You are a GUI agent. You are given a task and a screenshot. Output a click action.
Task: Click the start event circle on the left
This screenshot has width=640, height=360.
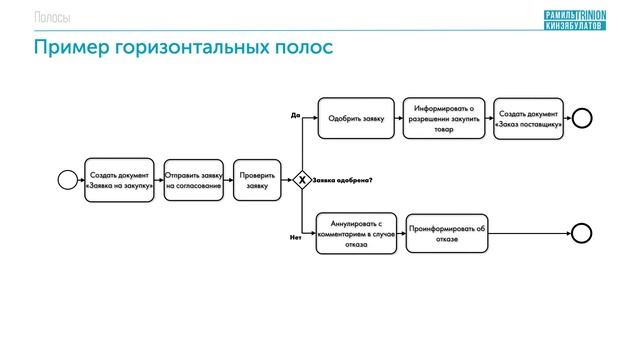[x=68, y=180]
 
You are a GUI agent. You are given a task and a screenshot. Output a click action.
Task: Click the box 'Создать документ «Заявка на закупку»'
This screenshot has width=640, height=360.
[x=120, y=180]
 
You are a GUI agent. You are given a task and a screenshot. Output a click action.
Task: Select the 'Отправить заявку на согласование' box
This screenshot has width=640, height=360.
[x=193, y=180]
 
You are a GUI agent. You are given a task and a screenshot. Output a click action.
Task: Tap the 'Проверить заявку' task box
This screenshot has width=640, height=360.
[x=257, y=180]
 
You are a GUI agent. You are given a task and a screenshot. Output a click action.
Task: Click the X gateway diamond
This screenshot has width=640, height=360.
[x=301, y=180]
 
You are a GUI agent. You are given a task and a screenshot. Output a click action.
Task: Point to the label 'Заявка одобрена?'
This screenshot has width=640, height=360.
[x=343, y=180]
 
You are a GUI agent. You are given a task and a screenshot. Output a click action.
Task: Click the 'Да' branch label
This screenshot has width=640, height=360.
[x=295, y=115]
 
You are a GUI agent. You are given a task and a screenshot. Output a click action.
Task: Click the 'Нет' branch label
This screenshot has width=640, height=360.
[x=295, y=238]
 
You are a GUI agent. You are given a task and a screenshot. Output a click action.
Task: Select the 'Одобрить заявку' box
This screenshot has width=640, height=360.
[x=353, y=119]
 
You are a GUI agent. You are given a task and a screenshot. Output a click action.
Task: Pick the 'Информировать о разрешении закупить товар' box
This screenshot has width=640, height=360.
[x=444, y=119]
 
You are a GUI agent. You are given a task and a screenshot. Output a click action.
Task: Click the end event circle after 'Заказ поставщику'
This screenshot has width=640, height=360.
[x=582, y=119]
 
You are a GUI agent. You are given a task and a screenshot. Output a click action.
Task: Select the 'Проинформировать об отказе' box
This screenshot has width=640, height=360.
[x=447, y=233]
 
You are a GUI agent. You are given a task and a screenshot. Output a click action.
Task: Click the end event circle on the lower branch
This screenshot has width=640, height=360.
[x=582, y=233]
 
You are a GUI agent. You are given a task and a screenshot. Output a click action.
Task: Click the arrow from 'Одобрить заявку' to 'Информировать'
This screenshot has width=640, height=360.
[x=395, y=119]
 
